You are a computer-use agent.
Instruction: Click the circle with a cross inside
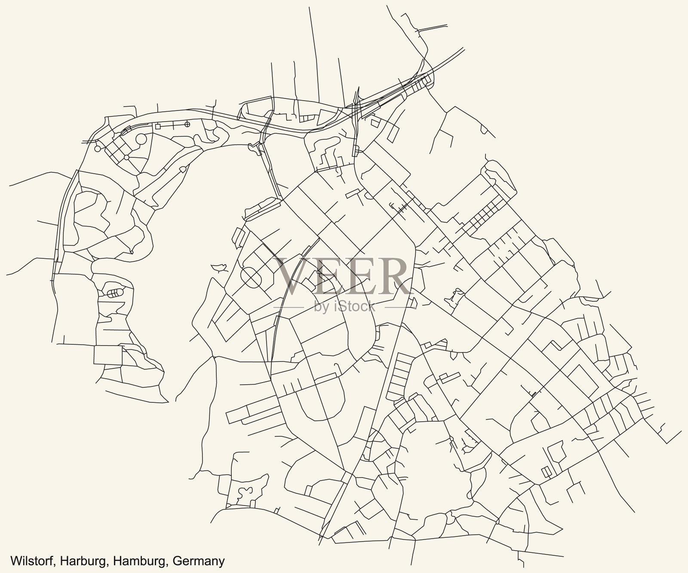coord(187,125)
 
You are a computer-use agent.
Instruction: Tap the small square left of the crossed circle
coord(158,126)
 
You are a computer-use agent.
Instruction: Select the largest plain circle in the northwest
coord(141,140)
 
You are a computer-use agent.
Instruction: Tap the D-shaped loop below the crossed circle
coord(182,169)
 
